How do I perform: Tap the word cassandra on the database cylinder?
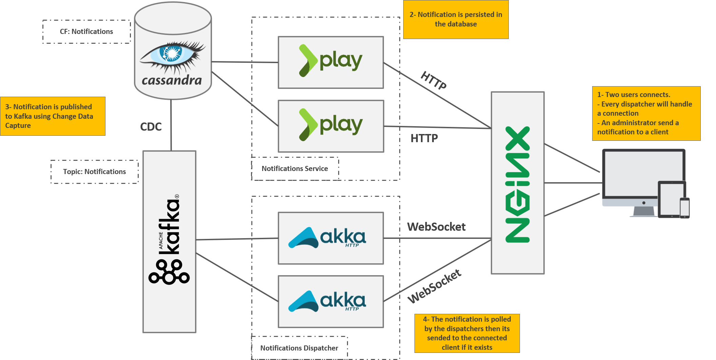[172, 80]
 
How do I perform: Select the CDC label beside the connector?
[151, 127]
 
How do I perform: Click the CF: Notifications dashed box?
[86, 32]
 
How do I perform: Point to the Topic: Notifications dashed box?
[94, 172]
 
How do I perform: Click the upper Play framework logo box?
[331, 62]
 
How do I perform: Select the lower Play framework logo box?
[331, 126]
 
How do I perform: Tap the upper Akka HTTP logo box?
[331, 238]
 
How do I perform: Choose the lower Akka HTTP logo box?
[331, 301]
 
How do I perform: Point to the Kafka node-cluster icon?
[169, 272]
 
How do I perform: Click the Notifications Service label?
[295, 169]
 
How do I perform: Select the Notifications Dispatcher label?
[299, 348]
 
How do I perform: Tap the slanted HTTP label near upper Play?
[433, 80]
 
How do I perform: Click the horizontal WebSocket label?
[436, 227]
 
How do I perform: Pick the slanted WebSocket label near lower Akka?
[434, 286]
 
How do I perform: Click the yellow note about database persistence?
[456, 19]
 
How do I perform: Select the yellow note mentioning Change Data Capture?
[53, 116]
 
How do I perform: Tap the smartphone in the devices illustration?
[684, 207]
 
